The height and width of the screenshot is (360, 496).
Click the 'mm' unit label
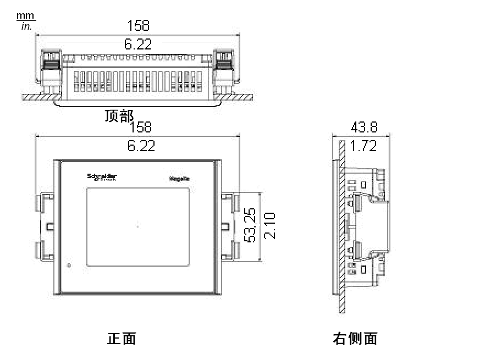pos(26,15)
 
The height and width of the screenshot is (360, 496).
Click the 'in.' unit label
pos(26,26)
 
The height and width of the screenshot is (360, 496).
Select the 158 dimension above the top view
pos(138,25)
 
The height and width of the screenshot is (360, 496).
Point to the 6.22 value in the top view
pos(138,44)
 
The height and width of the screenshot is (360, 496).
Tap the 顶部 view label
pos(119,116)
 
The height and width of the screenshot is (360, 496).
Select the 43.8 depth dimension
pos(364,128)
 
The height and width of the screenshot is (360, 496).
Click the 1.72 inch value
pos(363,146)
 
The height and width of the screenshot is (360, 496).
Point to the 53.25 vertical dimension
pos(250,225)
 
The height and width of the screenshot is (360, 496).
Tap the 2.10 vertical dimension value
pos(269,225)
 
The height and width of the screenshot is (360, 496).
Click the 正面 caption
pos(121,339)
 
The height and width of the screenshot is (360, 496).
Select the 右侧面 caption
pos(355,339)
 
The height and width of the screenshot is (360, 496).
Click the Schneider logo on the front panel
pos(102,176)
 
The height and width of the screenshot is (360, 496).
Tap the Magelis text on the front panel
pos(179,178)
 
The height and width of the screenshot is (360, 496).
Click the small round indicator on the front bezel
pos(69,266)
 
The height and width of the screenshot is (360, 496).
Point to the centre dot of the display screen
pos(137,226)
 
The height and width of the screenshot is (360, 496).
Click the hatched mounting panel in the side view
pos(341,231)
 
